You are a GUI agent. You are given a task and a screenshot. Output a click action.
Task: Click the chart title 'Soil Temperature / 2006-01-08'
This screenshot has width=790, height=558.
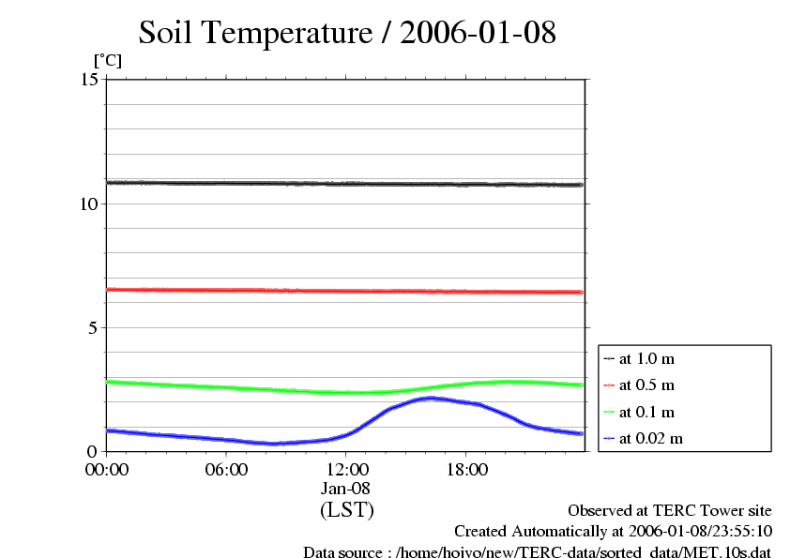coord(347,33)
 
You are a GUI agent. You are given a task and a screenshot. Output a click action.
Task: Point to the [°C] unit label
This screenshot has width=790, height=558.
coord(107,61)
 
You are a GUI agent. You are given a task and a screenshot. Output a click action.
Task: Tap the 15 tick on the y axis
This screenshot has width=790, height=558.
coord(90,80)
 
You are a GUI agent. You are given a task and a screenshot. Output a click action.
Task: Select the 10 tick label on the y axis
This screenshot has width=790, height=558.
coord(90,204)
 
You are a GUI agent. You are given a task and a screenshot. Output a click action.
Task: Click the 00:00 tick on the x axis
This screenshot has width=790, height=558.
coord(107,469)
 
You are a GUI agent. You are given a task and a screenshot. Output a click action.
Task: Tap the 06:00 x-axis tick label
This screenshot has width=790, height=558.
coord(226,469)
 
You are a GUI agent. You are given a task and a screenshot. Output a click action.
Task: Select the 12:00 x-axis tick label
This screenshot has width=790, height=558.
coord(346,469)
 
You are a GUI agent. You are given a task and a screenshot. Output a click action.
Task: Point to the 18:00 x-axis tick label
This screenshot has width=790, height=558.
coord(466,469)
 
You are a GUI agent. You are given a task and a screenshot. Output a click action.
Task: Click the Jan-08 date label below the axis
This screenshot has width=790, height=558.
coord(346,489)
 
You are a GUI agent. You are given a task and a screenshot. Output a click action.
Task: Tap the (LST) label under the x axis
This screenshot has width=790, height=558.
coord(346,510)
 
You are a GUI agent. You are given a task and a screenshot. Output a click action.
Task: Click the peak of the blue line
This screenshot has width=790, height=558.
coord(430,399)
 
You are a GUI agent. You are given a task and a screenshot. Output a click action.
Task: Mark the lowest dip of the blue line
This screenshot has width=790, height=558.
coord(274,444)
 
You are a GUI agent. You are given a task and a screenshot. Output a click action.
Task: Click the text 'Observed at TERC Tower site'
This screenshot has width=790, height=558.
coord(670,511)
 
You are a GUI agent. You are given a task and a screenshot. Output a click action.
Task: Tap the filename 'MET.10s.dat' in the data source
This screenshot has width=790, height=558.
coord(730,553)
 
